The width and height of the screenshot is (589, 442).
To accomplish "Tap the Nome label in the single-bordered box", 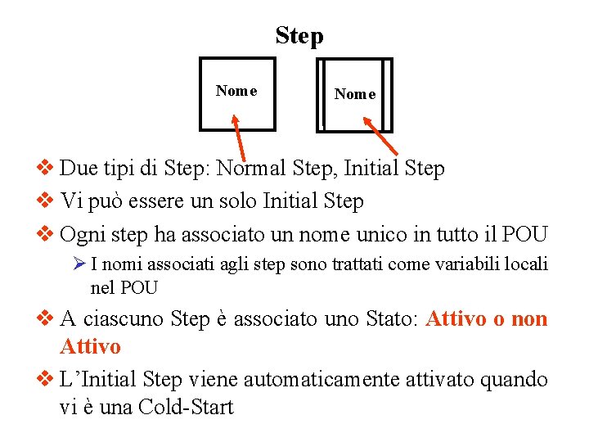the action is click(x=236, y=91).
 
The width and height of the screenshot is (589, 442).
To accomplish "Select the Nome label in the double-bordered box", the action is click(x=355, y=94).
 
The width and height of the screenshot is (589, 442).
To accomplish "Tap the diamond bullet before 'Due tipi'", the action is click(x=47, y=169).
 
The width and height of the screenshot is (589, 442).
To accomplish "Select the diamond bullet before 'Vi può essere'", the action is click(x=47, y=201).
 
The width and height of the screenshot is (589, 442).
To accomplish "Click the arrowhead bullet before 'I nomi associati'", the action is click(x=79, y=264).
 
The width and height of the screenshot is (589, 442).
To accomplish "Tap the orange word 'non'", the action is click(x=529, y=319).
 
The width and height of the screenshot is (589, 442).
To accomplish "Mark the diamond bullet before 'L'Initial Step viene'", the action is click(x=47, y=380).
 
